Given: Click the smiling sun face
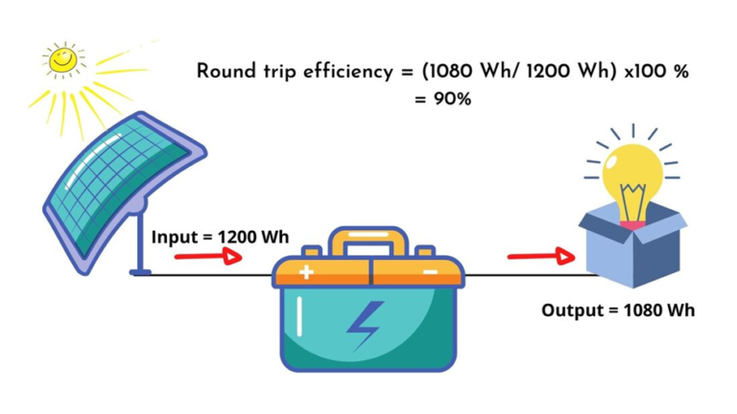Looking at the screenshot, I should (x=63, y=60).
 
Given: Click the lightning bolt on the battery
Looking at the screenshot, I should (x=365, y=325).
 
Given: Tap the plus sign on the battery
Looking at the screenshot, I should (x=305, y=272).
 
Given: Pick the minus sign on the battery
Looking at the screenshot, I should (x=430, y=272).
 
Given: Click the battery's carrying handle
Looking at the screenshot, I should (x=368, y=241).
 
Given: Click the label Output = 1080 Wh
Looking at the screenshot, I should (x=617, y=310).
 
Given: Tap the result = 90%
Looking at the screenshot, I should (x=442, y=98).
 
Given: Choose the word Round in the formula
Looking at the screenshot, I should (x=226, y=71).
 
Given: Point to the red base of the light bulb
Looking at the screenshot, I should (x=632, y=223).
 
